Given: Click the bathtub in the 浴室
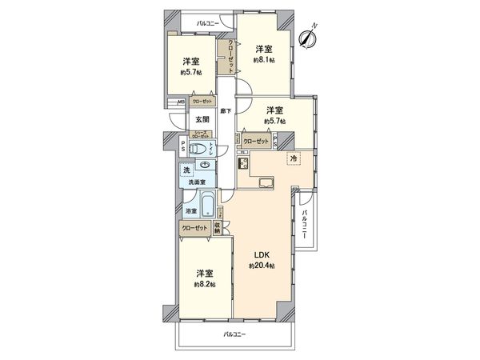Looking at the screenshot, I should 208,206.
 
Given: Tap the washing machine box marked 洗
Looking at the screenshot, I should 186,171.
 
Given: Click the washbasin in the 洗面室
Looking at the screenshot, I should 206,166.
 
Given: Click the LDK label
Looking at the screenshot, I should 261,255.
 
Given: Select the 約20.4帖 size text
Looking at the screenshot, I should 262,266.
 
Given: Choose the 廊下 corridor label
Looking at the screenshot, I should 227,110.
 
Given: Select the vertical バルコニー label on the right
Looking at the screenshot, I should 306,222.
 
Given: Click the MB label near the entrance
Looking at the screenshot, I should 181,102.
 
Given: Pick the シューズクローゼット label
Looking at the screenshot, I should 201,135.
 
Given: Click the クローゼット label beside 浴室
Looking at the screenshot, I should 196,227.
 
